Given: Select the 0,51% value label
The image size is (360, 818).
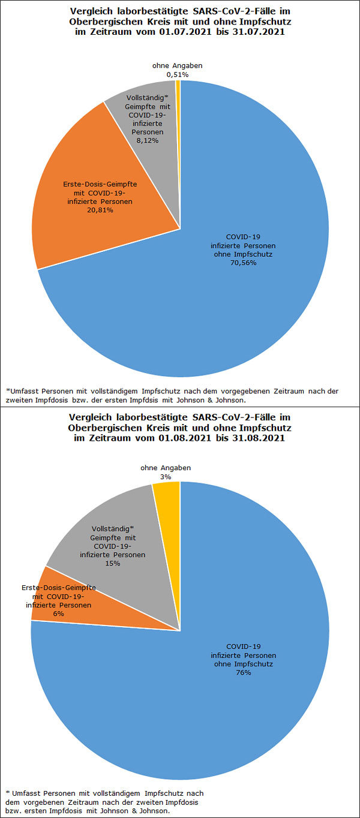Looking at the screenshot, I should pos(178,74).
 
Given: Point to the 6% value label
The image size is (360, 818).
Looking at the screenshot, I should pos(59,613).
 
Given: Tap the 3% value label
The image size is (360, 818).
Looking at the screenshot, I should pos(165,476).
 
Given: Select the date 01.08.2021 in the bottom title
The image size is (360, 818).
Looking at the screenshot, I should pos(184,438).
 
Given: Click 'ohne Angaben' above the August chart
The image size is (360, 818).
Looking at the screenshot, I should pos(165,468).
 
